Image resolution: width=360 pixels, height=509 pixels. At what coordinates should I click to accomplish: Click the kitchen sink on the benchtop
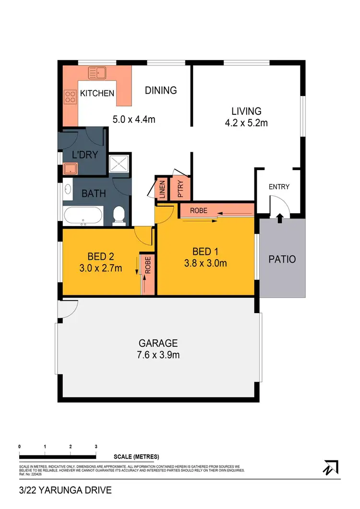[97, 73]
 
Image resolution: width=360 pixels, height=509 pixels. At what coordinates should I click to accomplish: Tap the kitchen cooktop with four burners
[70, 97]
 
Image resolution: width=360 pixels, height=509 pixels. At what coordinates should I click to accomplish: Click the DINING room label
[161, 90]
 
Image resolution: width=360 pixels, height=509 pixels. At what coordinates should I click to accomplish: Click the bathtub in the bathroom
[83, 216]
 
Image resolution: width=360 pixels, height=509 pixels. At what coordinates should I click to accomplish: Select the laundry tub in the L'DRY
[71, 168]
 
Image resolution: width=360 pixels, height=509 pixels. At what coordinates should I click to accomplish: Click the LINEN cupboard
[162, 189]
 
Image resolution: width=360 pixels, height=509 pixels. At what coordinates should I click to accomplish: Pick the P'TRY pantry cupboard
[181, 189]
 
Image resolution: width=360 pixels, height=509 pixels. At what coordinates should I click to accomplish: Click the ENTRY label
[278, 186]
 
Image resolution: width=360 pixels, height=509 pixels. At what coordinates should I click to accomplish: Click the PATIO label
[282, 260]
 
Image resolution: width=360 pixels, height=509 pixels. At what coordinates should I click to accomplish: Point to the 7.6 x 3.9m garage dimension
[158, 355]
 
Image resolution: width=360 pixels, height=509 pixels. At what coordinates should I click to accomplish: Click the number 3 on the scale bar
[96, 447]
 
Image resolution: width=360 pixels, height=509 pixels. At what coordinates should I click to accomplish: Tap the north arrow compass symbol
[331, 467]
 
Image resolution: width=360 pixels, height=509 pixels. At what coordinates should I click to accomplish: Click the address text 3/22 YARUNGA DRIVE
[65, 490]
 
